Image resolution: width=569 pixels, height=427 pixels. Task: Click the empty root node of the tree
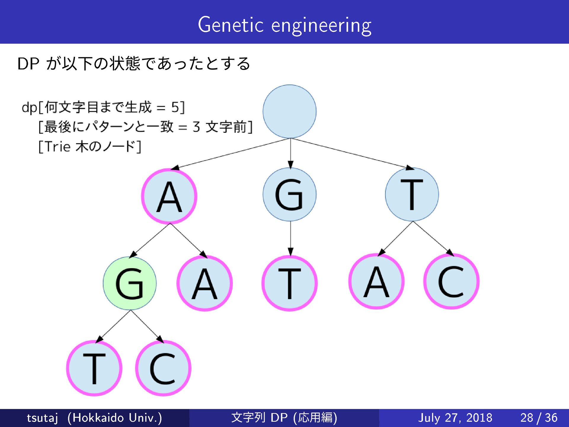tap(289, 111)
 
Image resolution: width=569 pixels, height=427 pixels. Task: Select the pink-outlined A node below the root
tap(169, 196)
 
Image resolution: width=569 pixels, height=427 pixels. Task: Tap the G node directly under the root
tap(289, 195)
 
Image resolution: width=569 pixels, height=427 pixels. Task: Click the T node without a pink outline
tap(412, 195)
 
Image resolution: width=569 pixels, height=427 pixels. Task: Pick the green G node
tap(130, 283)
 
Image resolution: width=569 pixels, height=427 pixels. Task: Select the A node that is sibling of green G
tap(204, 283)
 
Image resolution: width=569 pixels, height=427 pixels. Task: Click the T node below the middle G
tap(290, 283)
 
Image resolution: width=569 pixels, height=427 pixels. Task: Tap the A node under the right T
tap(376, 281)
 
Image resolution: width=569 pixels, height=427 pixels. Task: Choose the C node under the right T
tap(451, 281)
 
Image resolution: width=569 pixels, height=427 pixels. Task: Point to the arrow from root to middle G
tap(290, 153)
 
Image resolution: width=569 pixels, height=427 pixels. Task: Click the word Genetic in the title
tap(231, 25)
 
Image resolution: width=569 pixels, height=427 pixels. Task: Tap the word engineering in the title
tap(321, 26)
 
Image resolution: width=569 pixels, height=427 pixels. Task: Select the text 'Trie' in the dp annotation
tap(58, 146)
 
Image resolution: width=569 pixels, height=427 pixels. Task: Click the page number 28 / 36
tap(539, 418)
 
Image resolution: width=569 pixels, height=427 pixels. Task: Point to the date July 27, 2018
tap(455, 418)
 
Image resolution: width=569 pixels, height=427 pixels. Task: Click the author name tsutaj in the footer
tap(42, 418)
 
